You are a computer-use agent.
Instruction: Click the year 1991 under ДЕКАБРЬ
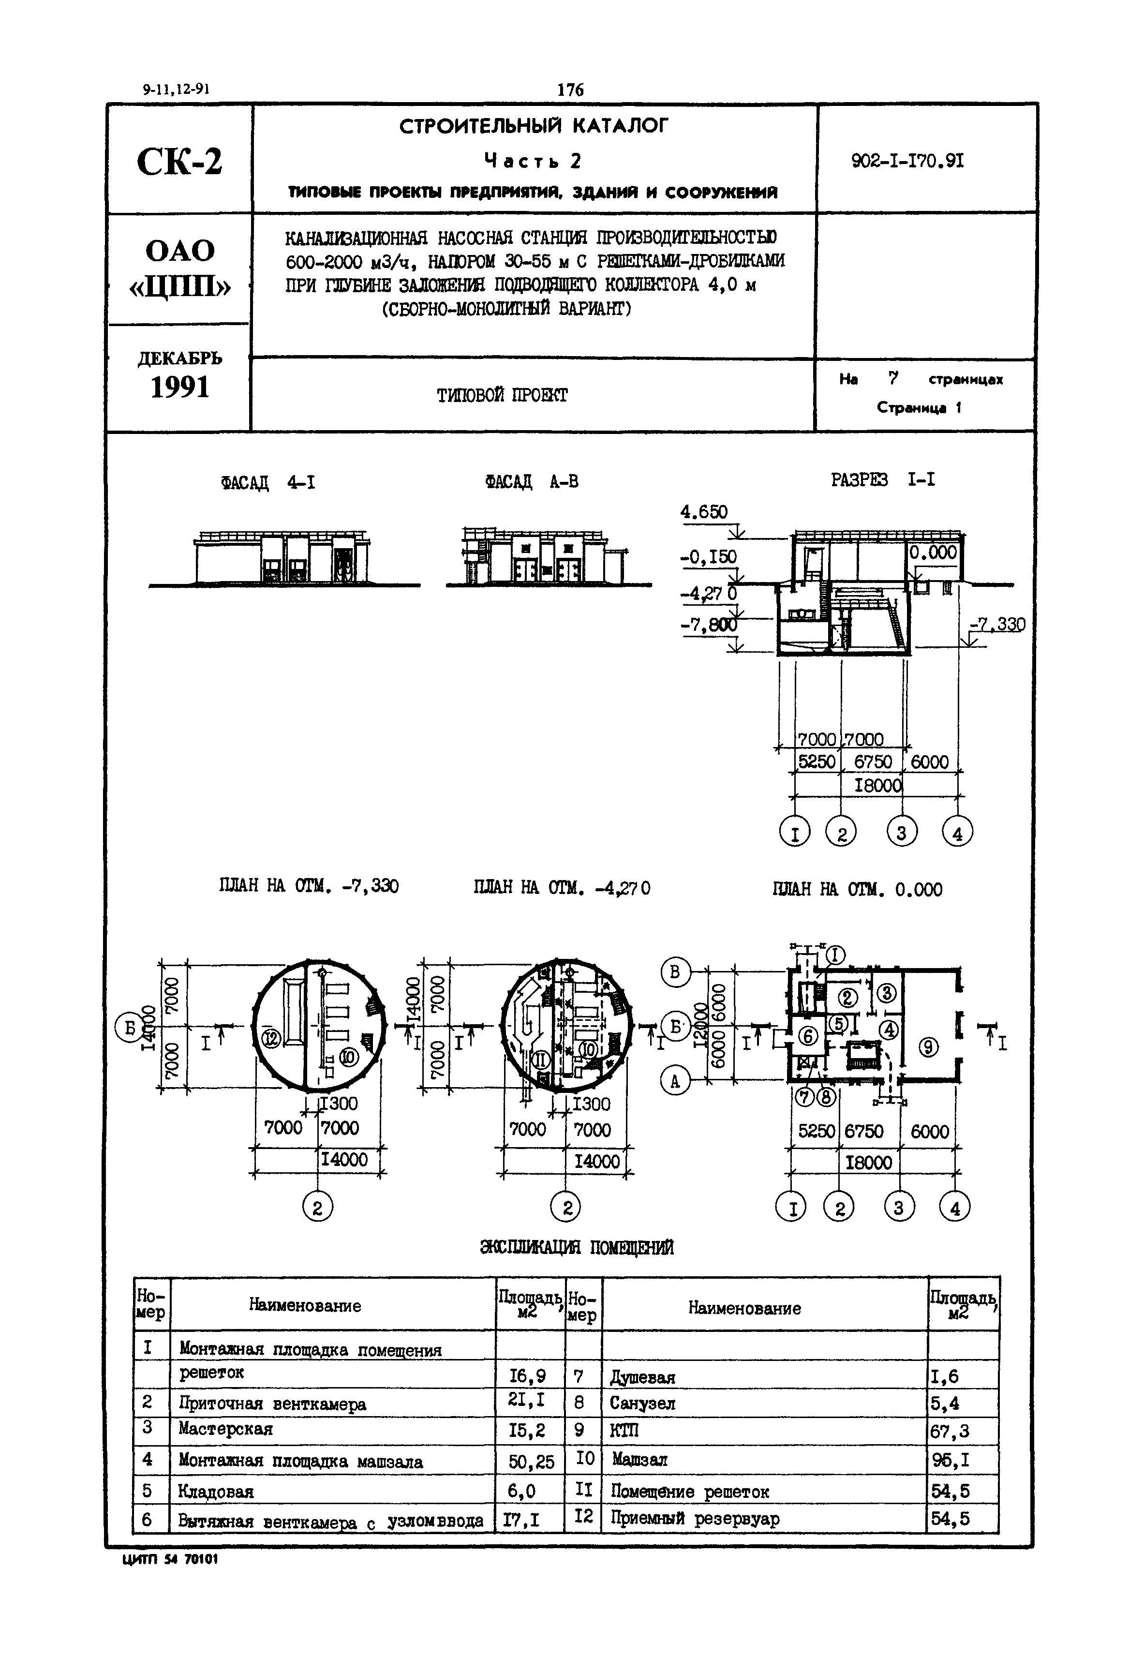pyautogui.click(x=180, y=388)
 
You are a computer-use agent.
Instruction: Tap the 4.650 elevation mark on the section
pyautogui.click(x=703, y=512)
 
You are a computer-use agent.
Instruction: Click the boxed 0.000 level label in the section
pyautogui.click(x=933, y=552)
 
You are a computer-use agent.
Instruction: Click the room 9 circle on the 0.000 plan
pyautogui.click(x=928, y=1048)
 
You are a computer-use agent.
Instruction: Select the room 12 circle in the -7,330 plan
pyautogui.click(x=271, y=1038)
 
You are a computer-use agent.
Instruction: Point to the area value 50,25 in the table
pyautogui.click(x=531, y=1461)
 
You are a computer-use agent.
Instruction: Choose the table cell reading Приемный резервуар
pyautogui.click(x=695, y=1518)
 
